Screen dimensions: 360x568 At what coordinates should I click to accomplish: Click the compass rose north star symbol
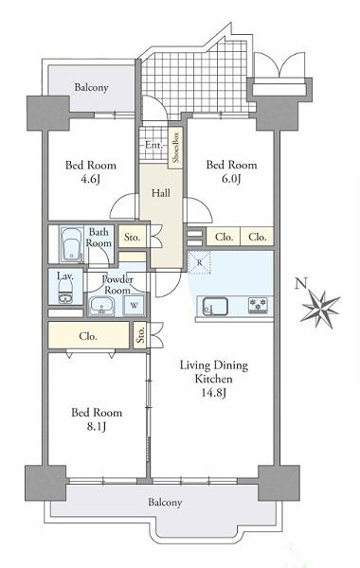tap(320, 309)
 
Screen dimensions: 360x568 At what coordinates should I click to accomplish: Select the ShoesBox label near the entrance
tap(175, 148)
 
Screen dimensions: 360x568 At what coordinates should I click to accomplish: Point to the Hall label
tap(161, 193)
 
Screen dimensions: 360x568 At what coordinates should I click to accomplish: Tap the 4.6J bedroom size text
tap(90, 179)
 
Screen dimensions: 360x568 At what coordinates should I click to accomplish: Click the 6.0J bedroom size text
tap(231, 179)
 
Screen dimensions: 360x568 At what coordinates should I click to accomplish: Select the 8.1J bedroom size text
tap(96, 427)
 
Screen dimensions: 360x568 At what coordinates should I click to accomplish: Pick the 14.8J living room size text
tap(214, 393)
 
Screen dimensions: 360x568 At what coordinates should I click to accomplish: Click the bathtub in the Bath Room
tap(72, 244)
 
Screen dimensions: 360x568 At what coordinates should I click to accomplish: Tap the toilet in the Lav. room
tap(65, 292)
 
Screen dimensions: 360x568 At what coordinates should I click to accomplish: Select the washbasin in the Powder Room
tap(102, 307)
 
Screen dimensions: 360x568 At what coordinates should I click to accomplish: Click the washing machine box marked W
tap(134, 305)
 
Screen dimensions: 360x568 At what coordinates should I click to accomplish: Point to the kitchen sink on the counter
tap(215, 306)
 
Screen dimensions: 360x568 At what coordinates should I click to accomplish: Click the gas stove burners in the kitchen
tap(258, 305)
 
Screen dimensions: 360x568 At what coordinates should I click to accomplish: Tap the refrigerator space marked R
tap(199, 262)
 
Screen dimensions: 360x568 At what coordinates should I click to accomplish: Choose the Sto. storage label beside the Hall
tap(132, 238)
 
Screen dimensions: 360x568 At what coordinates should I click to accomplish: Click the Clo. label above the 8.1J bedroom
tap(88, 336)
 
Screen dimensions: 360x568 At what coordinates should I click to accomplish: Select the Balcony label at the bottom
tap(165, 503)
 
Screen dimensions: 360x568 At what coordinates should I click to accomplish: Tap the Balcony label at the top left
tap(91, 87)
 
